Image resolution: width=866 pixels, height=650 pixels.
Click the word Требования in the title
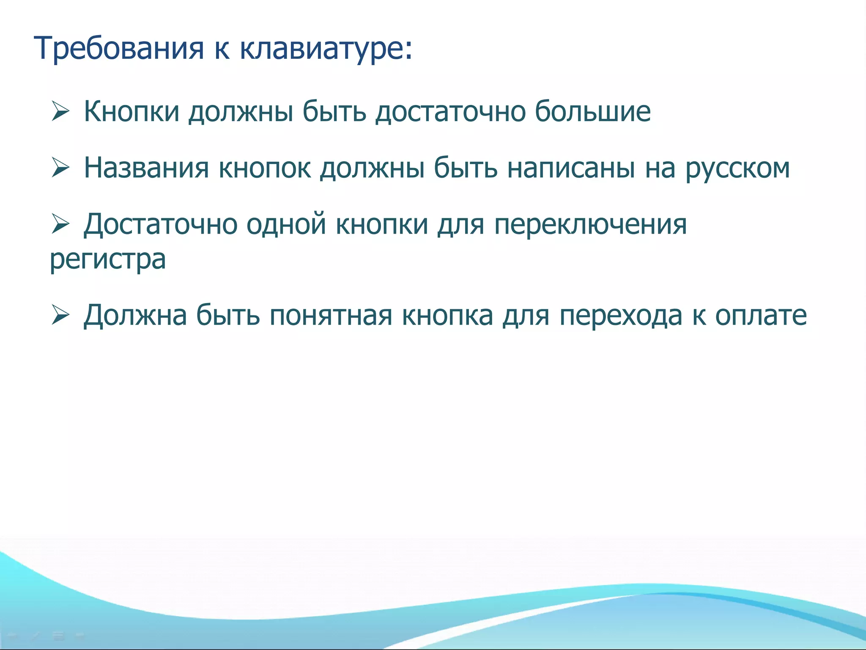pos(119,48)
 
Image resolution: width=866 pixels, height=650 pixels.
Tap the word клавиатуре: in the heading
pos(326,48)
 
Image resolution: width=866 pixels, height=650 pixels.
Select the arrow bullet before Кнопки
pos(60,112)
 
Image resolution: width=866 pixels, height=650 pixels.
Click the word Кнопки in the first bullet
pos(132,112)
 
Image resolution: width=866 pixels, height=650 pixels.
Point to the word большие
pos(592,112)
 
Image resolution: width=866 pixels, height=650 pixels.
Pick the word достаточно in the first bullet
pos(450,112)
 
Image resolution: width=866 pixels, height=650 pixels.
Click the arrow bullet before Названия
pos(60,168)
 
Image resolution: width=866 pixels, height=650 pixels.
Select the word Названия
pos(146,168)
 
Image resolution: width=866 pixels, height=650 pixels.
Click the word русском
pos(737,168)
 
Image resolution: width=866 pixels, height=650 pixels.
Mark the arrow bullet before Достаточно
pos(60,224)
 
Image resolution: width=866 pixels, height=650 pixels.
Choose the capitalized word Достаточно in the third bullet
pos(160,224)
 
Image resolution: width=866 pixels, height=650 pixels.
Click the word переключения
pos(590,224)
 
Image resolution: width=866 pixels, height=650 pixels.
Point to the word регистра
pos(108,260)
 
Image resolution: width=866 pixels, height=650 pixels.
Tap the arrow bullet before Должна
pos(60,315)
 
